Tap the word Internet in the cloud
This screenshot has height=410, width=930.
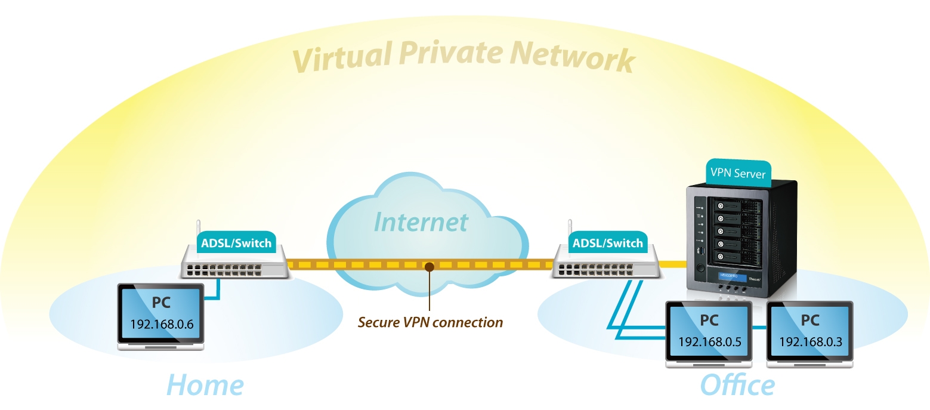click(x=421, y=222)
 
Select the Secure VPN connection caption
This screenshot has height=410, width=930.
click(x=430, y=322)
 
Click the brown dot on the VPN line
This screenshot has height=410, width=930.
click(x=428, y=266)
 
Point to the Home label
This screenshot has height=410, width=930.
click(x=204, y=384)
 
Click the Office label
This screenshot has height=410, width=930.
click(x=737, y=384)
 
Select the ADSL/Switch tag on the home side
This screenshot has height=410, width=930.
click(x=236, y=243)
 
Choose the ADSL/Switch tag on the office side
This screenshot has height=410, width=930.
click(x=608, y=243)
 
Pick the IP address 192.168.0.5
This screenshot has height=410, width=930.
click(x=709, y=342)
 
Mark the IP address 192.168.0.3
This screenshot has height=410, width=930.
click(x=809, y=342)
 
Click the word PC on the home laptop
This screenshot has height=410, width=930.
click(x=161, y=302)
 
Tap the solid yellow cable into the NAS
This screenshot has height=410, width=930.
click(x=674, y=263)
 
